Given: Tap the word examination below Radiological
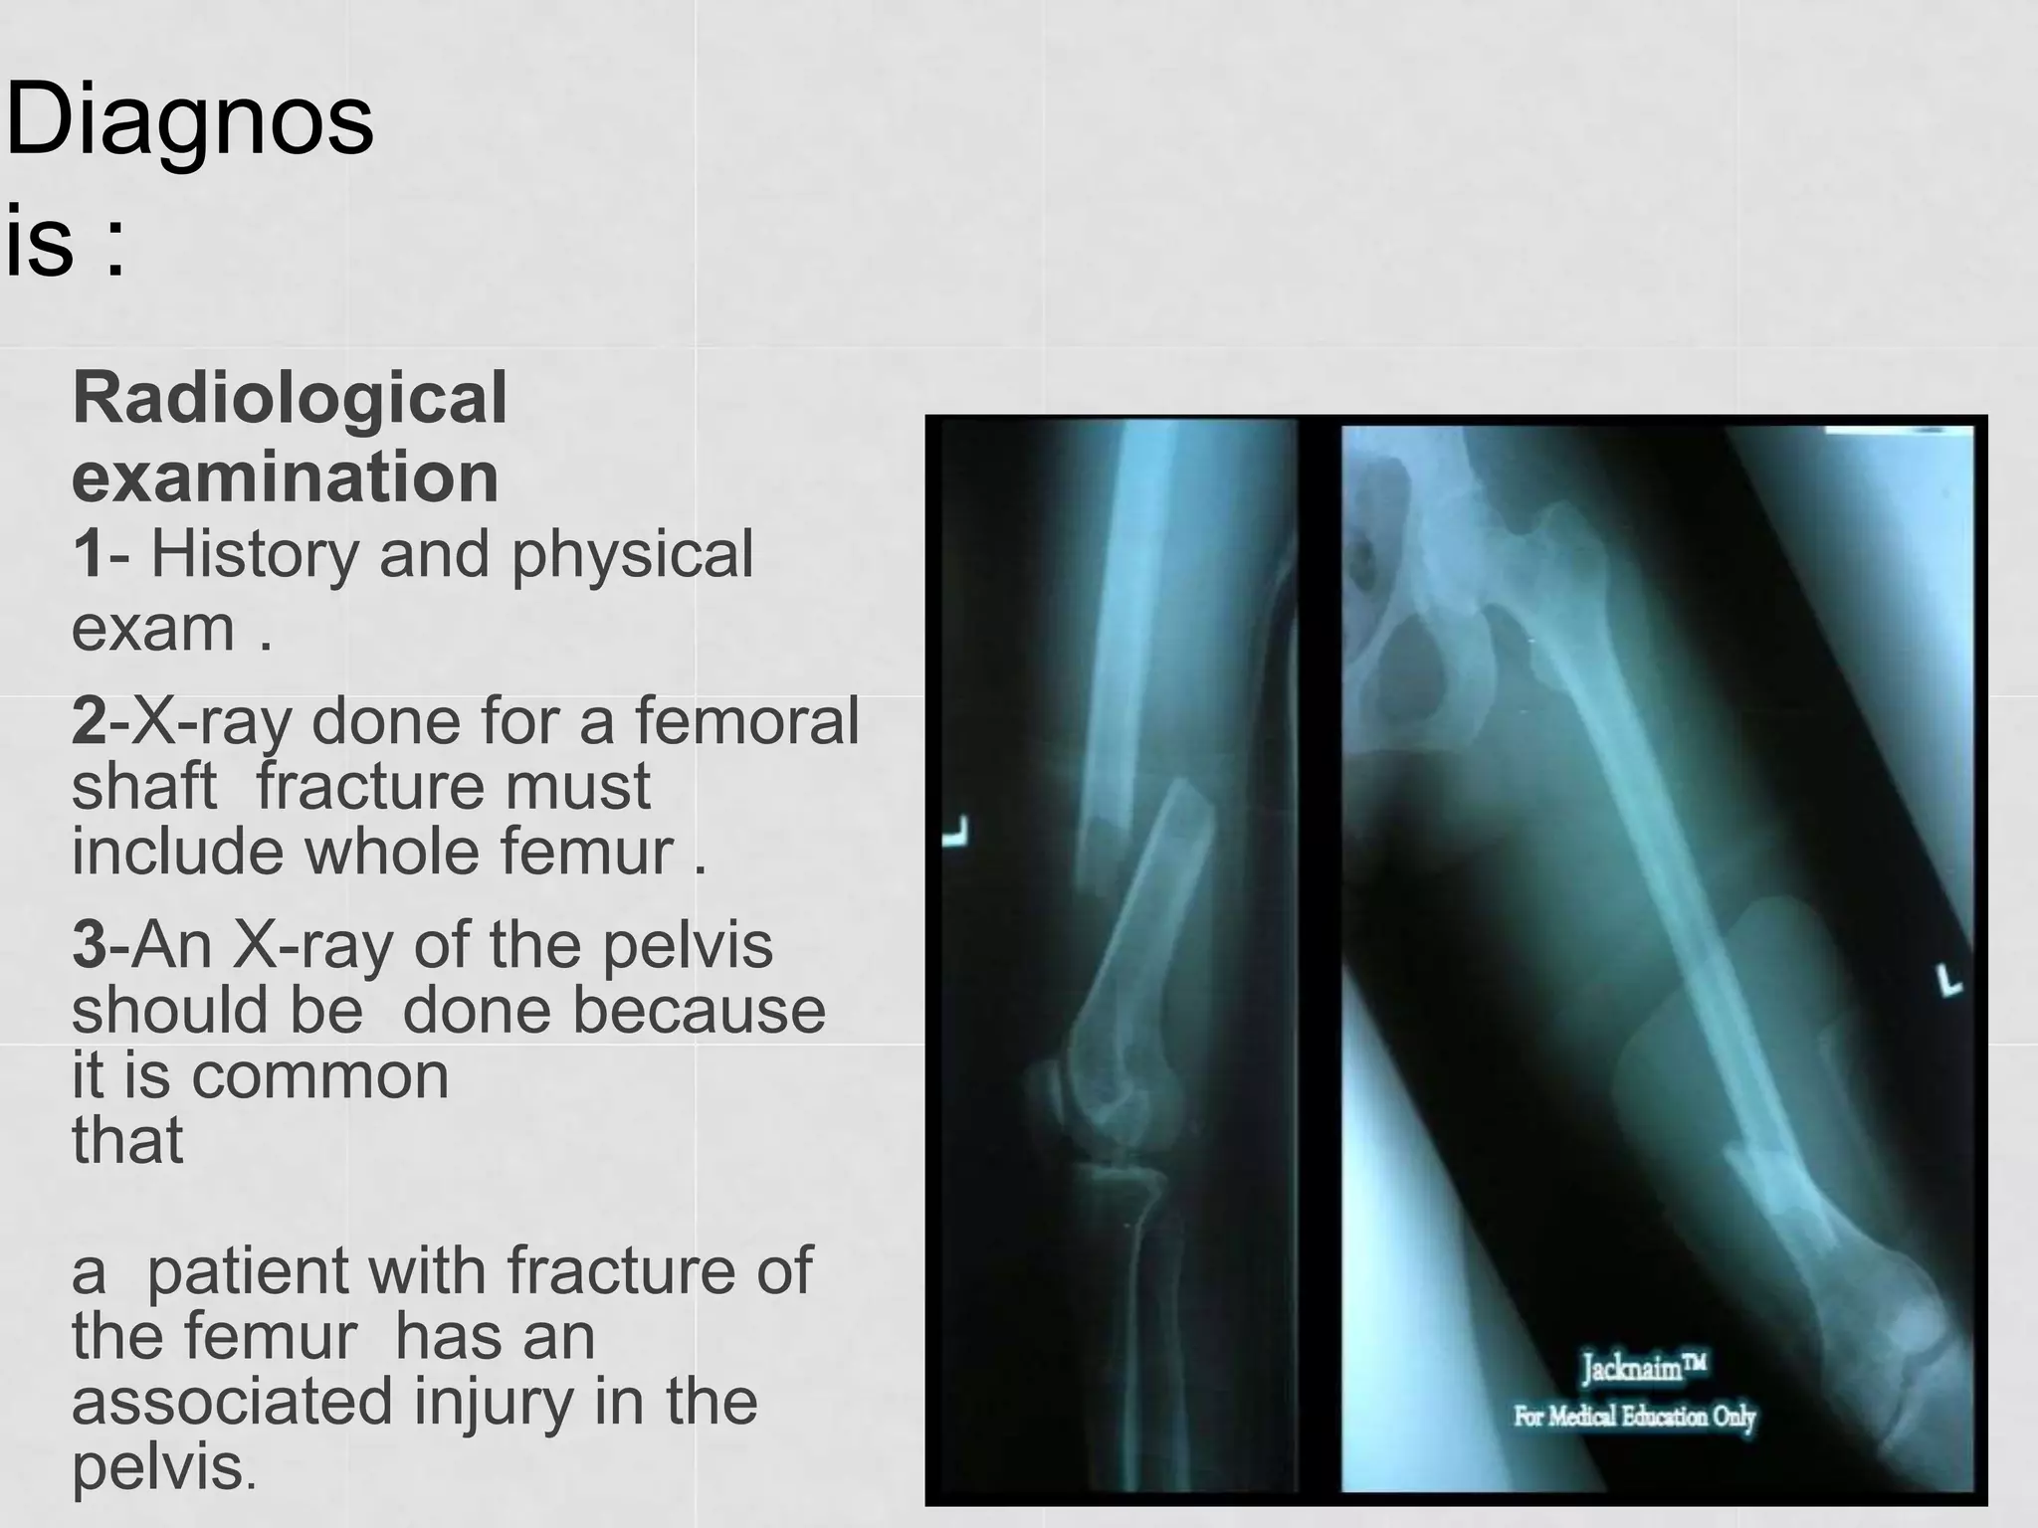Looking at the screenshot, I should tap(286, 477).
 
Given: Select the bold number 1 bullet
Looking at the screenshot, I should tap(88, 554).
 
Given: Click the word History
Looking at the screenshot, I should tap(255, 555).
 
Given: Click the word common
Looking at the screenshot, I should tap(319, 1076).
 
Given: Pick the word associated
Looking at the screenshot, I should tap(232, 1401).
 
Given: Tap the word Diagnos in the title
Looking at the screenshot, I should tap(189, 121).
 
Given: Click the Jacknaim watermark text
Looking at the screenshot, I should tap(1644, 1369).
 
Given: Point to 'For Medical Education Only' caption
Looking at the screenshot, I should tap(1634, 1416).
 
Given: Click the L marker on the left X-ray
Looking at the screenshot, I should tap(957, 832).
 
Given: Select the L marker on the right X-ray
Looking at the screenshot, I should tap(1948, 981).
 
